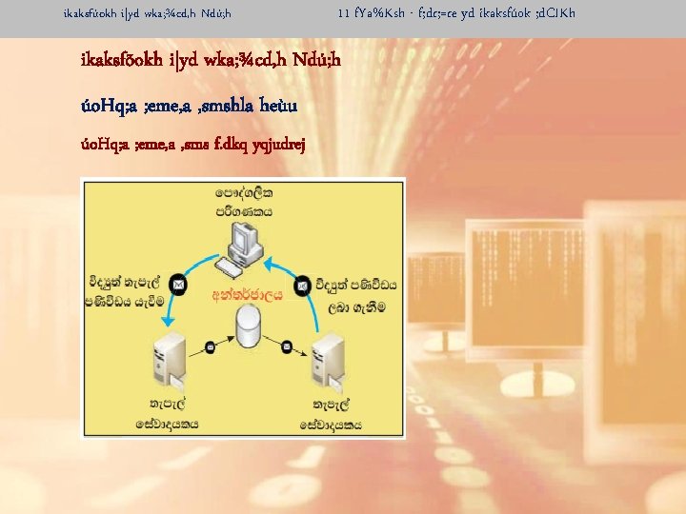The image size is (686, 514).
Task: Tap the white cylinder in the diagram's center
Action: pos(248,326)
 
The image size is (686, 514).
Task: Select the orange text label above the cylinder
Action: pos(248,295)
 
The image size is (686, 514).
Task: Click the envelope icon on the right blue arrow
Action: pos(302,284)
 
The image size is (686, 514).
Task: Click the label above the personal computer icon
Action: pos(243,202)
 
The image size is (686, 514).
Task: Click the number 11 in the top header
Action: pos(344,14)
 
